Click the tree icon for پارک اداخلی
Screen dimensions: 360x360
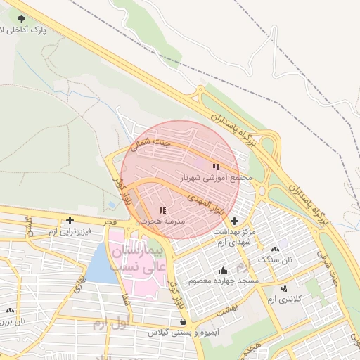22,19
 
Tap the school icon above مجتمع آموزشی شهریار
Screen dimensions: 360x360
216,167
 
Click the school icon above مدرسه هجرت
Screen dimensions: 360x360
162,210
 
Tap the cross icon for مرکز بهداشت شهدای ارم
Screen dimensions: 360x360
233,221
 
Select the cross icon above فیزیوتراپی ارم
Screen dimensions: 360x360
70,220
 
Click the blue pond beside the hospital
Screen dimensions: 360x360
101,266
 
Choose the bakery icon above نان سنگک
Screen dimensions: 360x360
274,249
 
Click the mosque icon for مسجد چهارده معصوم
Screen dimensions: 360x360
224,271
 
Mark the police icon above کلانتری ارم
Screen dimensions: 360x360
283,288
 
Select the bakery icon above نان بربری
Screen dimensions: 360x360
10,310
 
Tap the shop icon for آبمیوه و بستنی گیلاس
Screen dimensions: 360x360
184,321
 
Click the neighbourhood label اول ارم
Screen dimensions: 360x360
109,324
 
